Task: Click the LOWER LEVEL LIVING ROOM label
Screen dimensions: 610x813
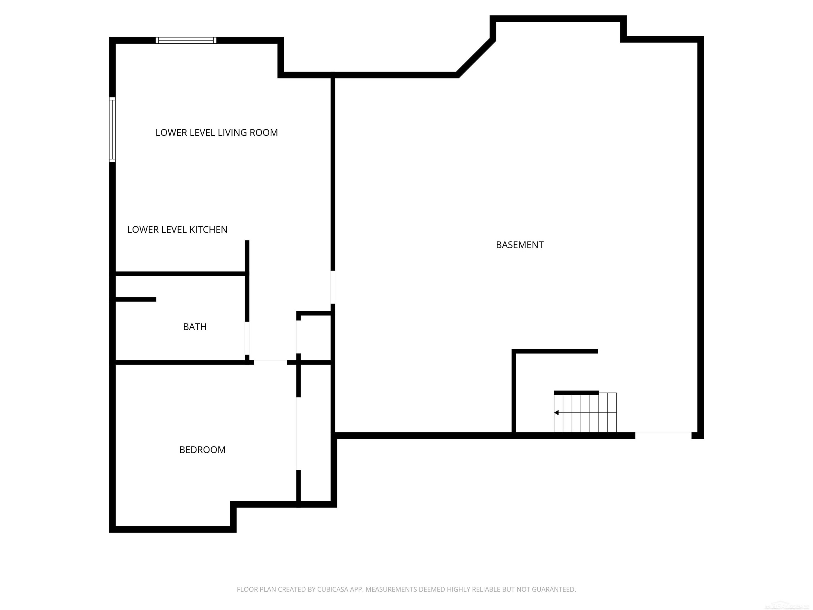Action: pyautogui.click(x=217, y=133)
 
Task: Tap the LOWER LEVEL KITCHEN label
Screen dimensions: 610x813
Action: pyautogui.click(x=177, y=230)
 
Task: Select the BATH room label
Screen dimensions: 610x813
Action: pyautogui.click(x=195, y=327)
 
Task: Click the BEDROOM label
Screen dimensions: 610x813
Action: pyautogui.click(x=202, y=450)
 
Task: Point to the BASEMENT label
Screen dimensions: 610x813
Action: pyautogui.click(x=519, y=245)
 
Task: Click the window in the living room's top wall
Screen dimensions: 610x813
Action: pyautogui.click(x=186, y=40)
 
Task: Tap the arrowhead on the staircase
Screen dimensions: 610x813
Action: pyautogui.click(x=556, y=413)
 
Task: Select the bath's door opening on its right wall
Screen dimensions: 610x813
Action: pyautogui.click(x=247, y=338)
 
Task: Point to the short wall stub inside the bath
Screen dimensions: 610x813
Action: pyautogui.click(x=135, y=299)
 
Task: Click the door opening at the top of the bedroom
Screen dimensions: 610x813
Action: pyautogui.click(x=270, y=362)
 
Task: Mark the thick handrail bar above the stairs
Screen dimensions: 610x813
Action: pyautogui.click(x=576, y=393)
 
